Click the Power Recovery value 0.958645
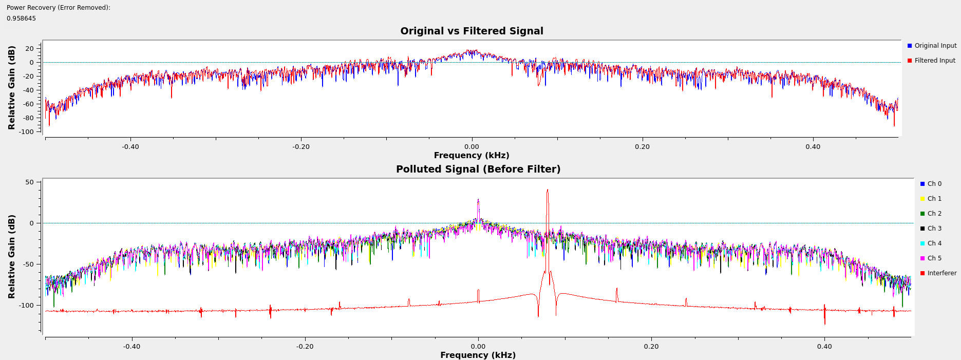click(21, 18)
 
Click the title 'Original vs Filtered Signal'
click(472, 31)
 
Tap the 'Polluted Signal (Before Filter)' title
click(478, 169)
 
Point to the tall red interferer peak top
click(548, 191)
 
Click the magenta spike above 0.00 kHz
click(478, 201)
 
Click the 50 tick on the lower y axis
click(29, 182)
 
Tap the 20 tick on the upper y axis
click(29, 49)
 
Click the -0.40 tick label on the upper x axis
click(130, 147)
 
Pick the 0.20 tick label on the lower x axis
click(651, 347)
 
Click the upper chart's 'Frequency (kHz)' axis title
click(472, 156)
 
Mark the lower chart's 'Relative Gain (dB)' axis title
click(12, 256)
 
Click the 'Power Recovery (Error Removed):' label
click(59, 8)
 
